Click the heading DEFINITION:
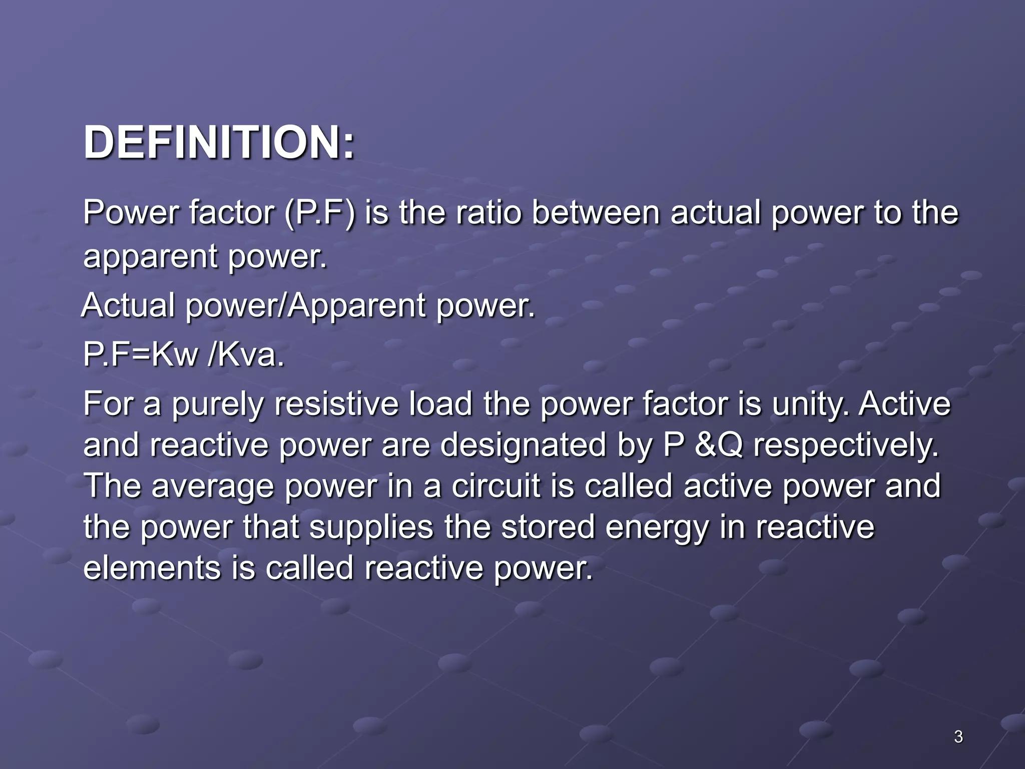click(219, 143)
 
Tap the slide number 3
click(958, 737)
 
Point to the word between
click(596, 212)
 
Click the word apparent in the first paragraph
click(151, 257)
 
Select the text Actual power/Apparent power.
click(308, 305)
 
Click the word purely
click(218, 405)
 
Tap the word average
click(213, 487)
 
